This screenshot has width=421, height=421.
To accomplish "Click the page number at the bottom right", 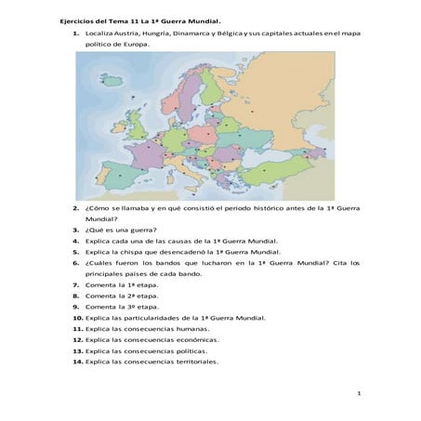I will [359, 396].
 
